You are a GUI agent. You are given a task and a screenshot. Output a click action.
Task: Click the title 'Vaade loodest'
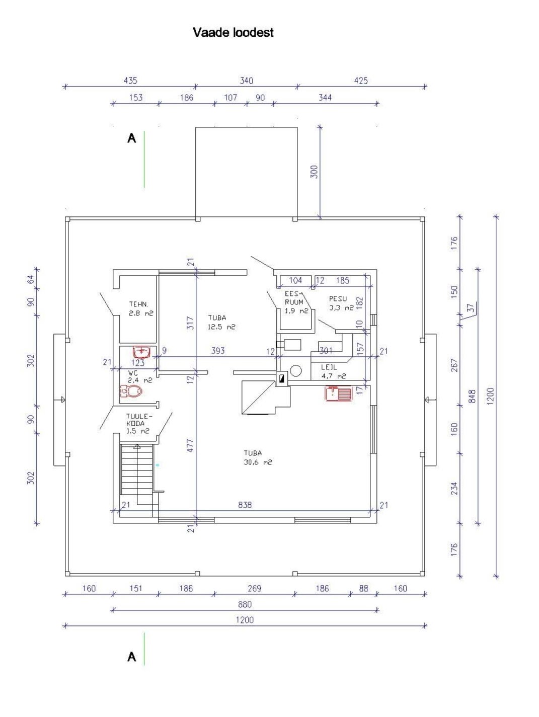pyautogui.click(x=233, y=33)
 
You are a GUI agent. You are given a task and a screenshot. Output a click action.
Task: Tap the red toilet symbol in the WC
pyautogui.click(x=131, y=390)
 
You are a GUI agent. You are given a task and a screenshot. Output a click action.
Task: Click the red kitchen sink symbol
pyautogui.click(x=338, y=393)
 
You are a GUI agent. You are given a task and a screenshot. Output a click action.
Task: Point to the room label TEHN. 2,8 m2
pyautogui.click(x=141, y=308)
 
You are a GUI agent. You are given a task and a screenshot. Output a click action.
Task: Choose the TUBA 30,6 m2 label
pyautogui.click(x=258, y=458)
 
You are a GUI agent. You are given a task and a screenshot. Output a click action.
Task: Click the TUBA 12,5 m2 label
pyautogui.click(x=221, y=322)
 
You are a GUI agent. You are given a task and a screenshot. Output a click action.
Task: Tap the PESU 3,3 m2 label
pyautogui.click(x=341, y=303)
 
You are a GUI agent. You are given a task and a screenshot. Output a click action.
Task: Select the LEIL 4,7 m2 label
pyautogui.click(x=334, y=371)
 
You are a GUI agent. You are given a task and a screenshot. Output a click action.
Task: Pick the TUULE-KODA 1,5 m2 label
pyautogui.click(x=138, y=424)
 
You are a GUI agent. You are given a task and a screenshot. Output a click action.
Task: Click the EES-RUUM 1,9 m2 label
pyautogui.click(x=296, y=302)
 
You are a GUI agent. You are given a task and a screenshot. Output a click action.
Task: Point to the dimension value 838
pyautogui.click(x=245, y=505)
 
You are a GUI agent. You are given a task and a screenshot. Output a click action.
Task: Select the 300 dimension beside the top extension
pyautogui.click(x=314, y=172)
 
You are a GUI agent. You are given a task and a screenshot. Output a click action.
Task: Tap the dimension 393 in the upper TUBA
pyautogui.click(x=217, y=351)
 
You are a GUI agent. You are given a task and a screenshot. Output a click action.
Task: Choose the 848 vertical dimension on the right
pyautogui.click(x=472, y=396)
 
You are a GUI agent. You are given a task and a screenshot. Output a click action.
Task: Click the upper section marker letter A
pyautogui.click(x=131, y=138)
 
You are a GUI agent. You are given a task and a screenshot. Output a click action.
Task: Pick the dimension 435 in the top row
pyautogui.click(x=130, y=81)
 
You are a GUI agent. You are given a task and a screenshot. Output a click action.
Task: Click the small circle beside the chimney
pyautogui.click(x=296, y=370)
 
